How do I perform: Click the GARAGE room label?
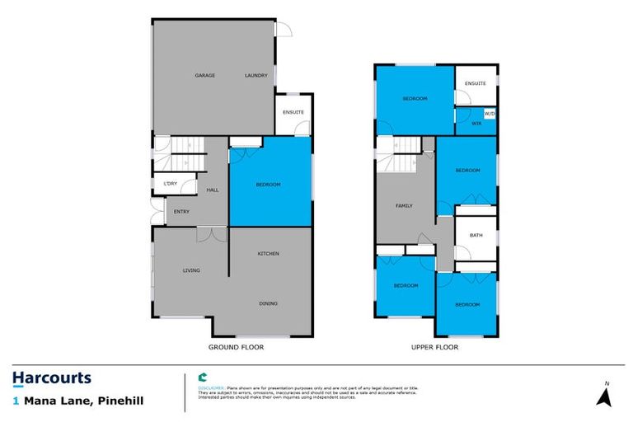click(x=204, y=76)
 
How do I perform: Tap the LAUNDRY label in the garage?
click(x=256, y=76)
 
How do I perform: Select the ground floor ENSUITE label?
click(x=293, y=112)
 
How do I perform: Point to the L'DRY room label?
click(x=170, y=183)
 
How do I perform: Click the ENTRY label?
click(x=181, y=212)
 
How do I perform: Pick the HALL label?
click(x=212, y=190)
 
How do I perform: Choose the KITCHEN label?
click(x=269, y=253)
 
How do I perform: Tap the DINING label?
click(x=269, y=303)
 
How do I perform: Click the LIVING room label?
click(x=191, y=270)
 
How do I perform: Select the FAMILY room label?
click(x=404, y=206)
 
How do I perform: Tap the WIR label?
click(x=476, y=124)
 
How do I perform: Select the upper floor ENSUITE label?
click(x=476, y=83)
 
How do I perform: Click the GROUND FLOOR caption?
click(x=236, y=347)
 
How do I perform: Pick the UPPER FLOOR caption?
click(x=434, y=347)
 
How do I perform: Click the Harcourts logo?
click(x=51, y=378)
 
